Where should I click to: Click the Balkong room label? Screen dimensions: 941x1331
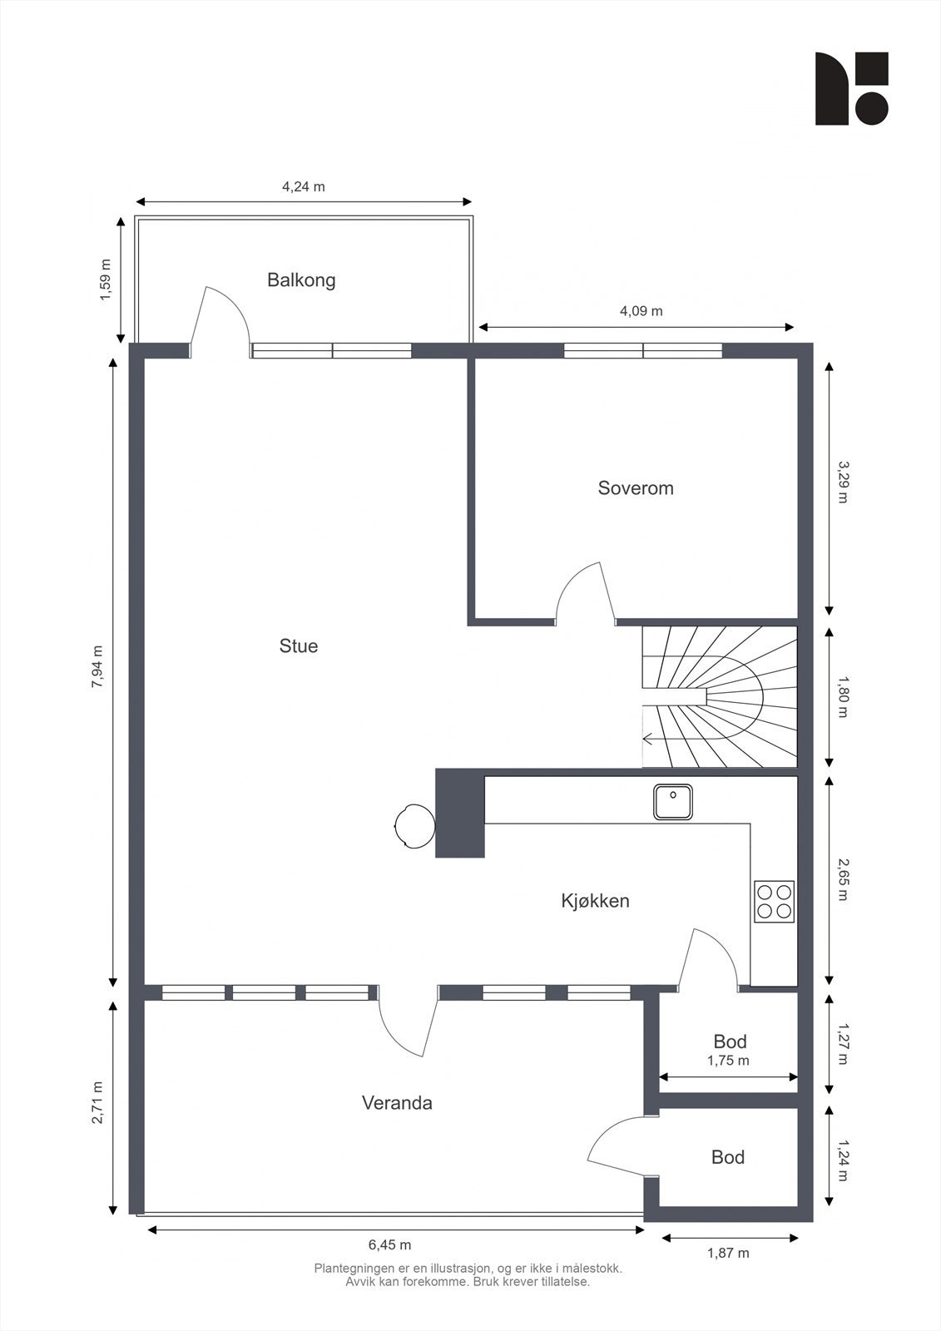[x=301, y=280]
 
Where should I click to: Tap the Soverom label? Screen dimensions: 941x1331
[x=636, y=488]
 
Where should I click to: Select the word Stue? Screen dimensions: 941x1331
[x=299, y=646]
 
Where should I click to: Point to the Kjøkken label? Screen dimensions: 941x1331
[x=595, y=901]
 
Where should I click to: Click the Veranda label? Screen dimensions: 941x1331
[x=397, y=1103]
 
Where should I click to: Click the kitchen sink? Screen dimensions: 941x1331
[x=673, y=802]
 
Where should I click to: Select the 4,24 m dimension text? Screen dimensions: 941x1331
[x=303, y=186]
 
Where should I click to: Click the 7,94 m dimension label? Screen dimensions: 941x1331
[x=98, y=666]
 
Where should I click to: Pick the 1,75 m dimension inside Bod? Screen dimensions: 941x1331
[x=728, y=1060]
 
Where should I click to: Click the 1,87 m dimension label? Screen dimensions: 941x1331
[x=728, y=1249]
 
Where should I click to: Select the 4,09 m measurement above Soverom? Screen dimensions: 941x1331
[x=641, y=311]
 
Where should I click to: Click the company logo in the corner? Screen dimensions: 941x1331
[x=852, y=88]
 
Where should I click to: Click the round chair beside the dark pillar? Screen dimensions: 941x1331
[x=415, y=826]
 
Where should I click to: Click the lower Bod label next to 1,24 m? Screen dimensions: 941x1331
[x=728, y=1157]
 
